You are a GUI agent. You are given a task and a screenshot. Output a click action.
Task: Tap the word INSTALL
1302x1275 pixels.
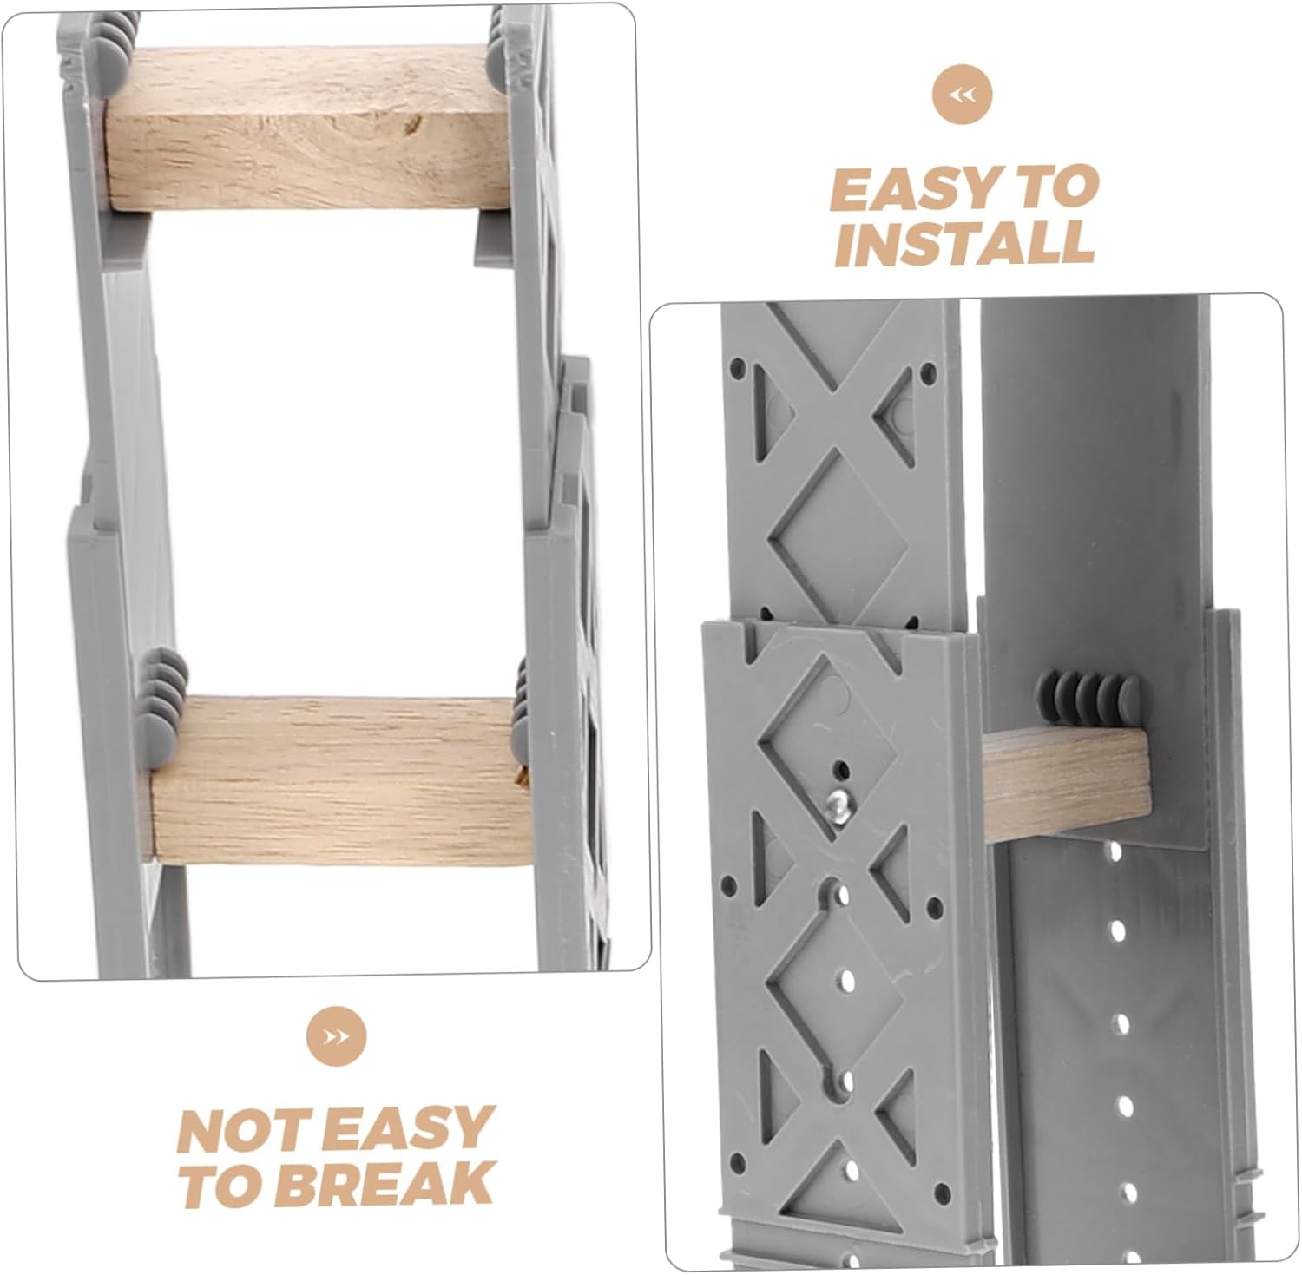[963, 243]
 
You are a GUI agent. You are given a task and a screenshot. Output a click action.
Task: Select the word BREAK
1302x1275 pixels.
[389, 1184]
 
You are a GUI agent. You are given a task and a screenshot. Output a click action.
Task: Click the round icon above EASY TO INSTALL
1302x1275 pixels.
[962, 95]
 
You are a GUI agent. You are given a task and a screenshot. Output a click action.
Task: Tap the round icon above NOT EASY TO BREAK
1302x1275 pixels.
[336, 1035]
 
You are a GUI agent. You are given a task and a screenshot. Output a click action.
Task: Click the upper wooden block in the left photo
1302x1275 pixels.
[308, 128]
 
